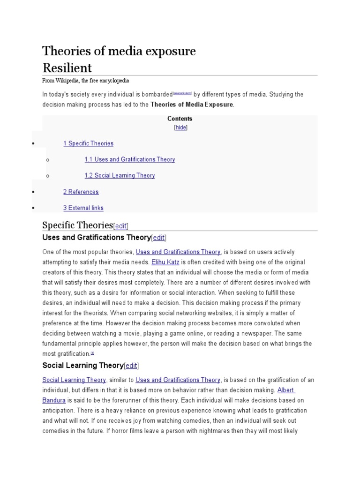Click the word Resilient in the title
tap(67, 67)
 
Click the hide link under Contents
tap(180, 127)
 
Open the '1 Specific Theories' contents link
tap(88, 143)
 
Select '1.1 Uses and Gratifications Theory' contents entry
tap(129, 159)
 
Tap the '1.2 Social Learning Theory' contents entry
tap(120, 175)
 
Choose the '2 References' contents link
tap(81, 192)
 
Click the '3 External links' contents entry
tap(83, 208)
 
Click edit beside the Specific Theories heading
tap(120, 225)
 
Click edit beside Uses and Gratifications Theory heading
tap(158, 238)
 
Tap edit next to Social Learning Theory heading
tap(131, 366)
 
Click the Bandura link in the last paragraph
tap(54, 400)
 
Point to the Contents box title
tap(180, 119)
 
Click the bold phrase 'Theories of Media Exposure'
tap(191, 105)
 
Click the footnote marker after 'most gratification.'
tap(92, 353)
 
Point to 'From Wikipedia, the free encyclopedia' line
tap(85, 81)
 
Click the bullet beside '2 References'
tap(33, 192)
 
